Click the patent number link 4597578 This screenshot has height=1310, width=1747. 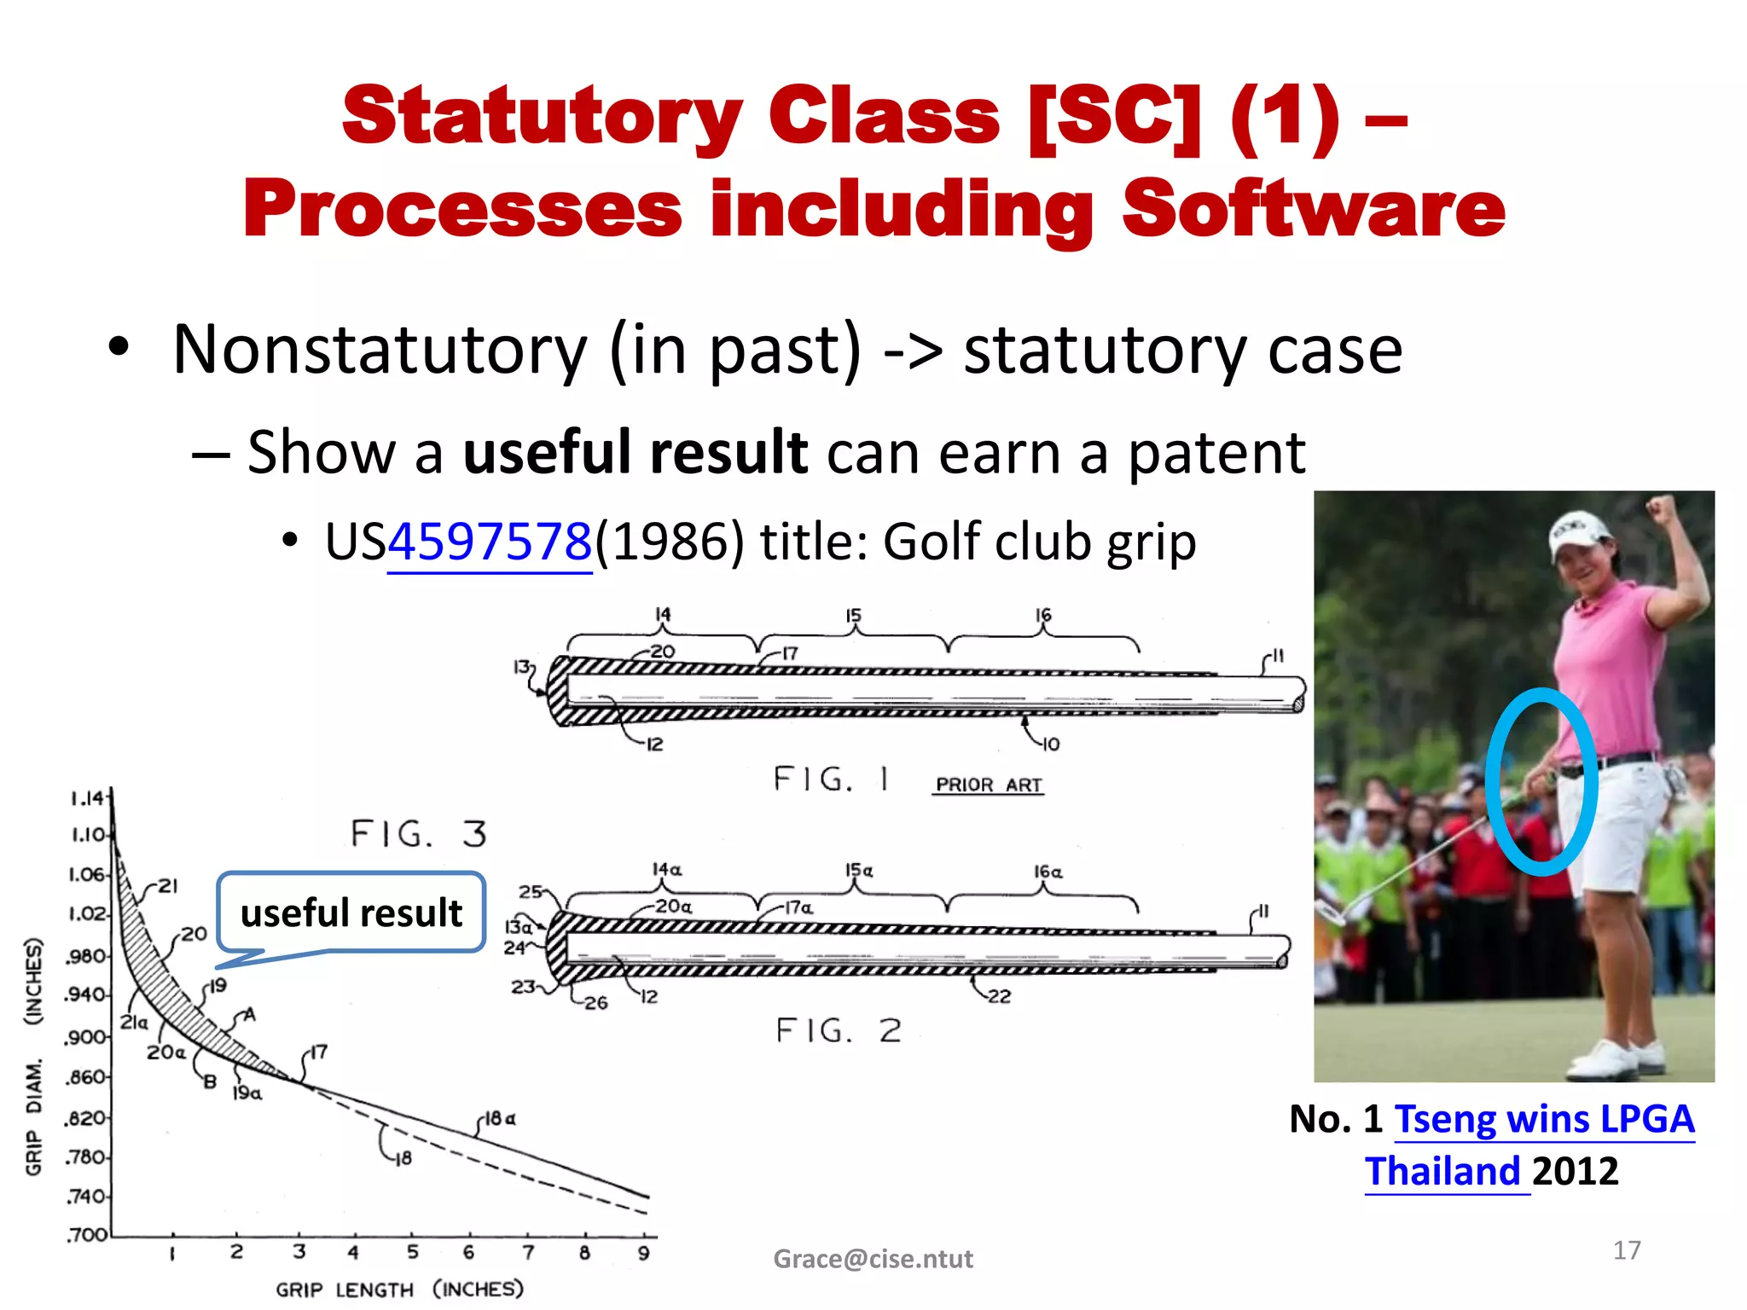(x=490, y=542)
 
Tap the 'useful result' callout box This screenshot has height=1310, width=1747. (x=351, y=912)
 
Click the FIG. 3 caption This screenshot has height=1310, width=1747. (x=418, y=833)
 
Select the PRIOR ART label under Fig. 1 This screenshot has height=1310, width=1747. (x=989, y=785)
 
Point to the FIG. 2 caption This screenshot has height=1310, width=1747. (x=839, y=1030)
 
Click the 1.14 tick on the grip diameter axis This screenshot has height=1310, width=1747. (x=87, y=798)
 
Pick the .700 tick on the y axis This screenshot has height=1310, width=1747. (x=87, y=1234)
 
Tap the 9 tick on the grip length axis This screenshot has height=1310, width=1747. (x=643, y=1253)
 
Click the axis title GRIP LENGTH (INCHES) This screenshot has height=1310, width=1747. (x=399, y=1289)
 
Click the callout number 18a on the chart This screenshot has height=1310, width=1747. (x=500, y=1118)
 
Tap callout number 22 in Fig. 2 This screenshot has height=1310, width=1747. (x=999, y=996)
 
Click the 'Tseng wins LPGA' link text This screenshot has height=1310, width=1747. (x=1543, y=1119)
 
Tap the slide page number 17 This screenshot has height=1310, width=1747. (x=1626, y=1250)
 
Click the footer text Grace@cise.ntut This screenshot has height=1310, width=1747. (x=873, y=1259)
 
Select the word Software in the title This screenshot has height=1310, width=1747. (x=1314, y=209)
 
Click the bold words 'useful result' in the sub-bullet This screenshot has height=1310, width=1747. (x=635, y=452)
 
